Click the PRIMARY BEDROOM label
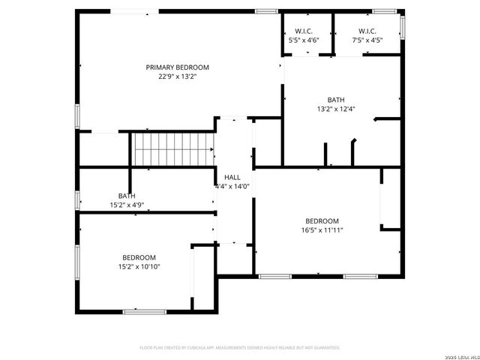pos(177,67)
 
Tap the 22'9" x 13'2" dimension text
pos(177,76)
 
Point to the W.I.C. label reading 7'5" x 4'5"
pos(367,31)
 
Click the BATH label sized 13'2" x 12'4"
pos(335,100)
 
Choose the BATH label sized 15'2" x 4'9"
pos(127,196)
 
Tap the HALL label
pos(232,177)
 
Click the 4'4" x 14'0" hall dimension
pos(232,186)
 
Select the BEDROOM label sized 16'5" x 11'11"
pos(322,220)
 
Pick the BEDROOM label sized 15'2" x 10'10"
pos(139,257)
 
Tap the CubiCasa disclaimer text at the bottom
pos(240,348)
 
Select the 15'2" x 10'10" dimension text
pos(139,266)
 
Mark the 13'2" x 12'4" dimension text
pos(335,109)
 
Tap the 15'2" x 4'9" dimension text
pos(127,205)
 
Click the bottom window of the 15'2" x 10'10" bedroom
pos(145,310)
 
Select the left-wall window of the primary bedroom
pos(77,117)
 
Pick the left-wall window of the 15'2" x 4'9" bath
pos(77,199)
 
